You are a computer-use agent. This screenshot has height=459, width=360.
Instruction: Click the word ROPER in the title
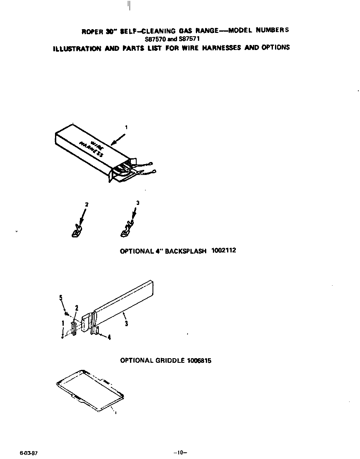[91, 32]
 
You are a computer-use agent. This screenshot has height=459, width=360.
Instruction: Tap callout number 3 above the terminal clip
[137, 203]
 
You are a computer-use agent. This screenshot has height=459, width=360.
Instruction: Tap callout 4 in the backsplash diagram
[109, 338]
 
